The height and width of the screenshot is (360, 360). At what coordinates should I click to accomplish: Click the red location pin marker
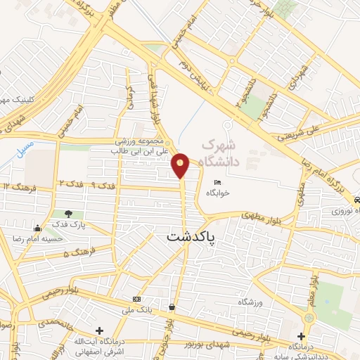coord(181,165)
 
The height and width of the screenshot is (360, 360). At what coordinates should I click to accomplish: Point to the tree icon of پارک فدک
coord(67,214)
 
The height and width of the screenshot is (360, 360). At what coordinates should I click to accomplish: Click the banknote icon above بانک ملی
coord(136,299)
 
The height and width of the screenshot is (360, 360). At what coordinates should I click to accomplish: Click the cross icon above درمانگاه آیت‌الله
coord(99,330)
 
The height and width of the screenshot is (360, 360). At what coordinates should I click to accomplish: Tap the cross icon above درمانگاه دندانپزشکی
coord(301,336)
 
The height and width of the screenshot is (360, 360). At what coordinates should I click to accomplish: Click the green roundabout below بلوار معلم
coord(309,319)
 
